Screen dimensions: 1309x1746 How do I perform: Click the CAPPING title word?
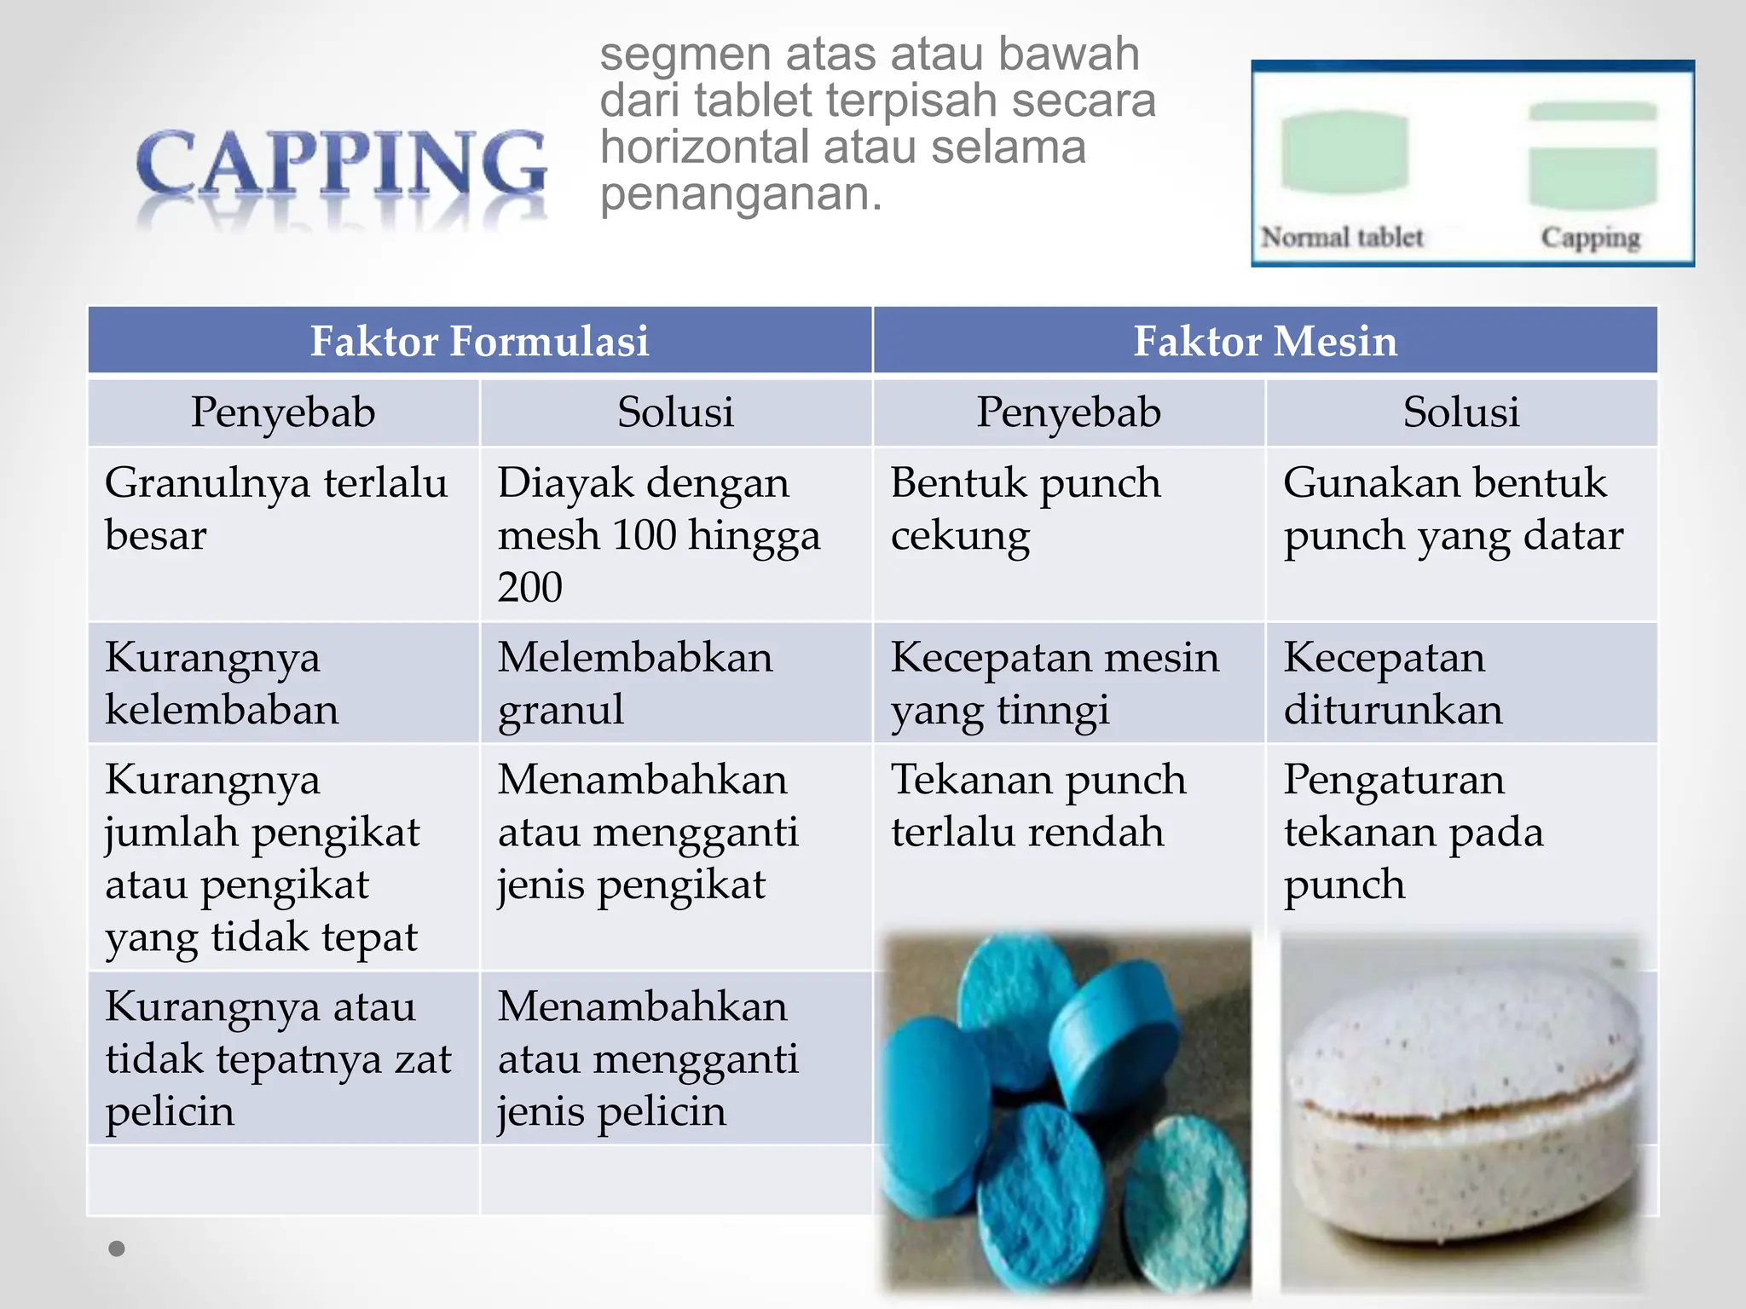[341, 164]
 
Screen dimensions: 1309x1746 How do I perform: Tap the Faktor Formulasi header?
[479, 341]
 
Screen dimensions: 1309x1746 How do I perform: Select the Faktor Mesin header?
[1265, 341]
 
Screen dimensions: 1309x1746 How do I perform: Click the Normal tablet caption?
[1342, 237]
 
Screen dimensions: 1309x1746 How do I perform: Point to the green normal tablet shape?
[1344, 152]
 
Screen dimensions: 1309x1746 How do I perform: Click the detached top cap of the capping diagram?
[1592, 112]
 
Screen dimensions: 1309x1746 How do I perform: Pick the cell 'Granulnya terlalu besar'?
[275, 509]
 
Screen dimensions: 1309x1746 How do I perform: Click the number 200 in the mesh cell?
[530, 587]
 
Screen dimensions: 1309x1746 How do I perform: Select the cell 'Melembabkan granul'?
[635, 683]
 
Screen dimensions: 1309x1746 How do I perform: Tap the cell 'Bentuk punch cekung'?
[1026, 509]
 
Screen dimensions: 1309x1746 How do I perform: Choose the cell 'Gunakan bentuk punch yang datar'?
[1453, 509]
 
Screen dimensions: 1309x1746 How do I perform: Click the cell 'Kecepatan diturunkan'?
[1393, 683]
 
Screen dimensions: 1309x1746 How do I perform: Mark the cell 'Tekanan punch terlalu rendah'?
[1038, 805]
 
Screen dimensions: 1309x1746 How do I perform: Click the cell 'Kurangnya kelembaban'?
[222, 683]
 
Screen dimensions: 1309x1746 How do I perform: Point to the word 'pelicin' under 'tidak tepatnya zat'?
[170, 1111]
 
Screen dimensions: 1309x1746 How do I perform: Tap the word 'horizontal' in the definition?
[704, 147]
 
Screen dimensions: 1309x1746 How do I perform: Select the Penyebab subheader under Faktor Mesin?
[1068, 412]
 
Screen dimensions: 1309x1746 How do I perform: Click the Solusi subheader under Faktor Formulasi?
[675, 412]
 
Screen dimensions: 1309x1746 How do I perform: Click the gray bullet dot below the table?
[117, 1248]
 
